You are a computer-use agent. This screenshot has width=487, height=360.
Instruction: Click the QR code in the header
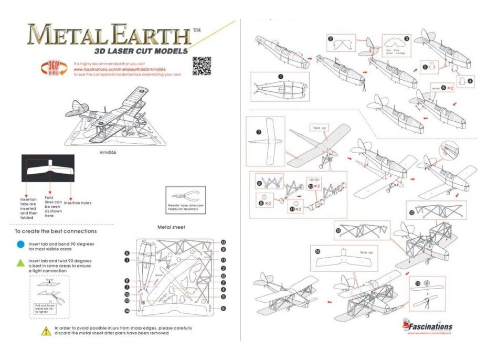pos(202,66)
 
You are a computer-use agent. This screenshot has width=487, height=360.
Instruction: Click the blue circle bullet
pos(20,244)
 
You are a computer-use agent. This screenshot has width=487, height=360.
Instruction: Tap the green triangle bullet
pos(20,262)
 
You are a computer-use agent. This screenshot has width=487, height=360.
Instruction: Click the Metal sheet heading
pos(171,227)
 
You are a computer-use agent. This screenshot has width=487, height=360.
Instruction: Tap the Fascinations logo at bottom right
pos(427,326)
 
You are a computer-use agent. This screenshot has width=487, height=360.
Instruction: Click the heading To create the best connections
pos(56,231)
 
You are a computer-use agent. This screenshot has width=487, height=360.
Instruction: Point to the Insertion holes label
pos(79,203)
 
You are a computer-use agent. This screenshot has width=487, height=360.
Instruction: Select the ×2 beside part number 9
pos(268,203)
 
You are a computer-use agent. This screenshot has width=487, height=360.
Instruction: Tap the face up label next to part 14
pos(366,252)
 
